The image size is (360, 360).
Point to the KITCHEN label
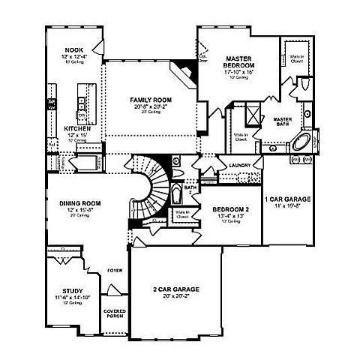(x=77, y=128)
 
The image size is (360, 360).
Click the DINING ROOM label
(x=80, y=202)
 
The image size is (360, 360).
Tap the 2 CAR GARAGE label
(x=176, y=288)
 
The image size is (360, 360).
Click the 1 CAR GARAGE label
(x=288, y=199)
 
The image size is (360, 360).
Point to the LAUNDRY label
(x=241, y=164)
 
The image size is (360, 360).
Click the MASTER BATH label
(x=283, y=123)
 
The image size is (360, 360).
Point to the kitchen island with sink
(x=83, y=95)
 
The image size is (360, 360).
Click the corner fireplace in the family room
(x=182, y=73)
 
